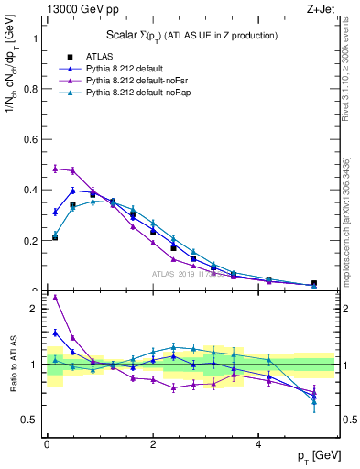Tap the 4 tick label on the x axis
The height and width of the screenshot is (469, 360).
[257, 443]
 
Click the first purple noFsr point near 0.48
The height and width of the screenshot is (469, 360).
[56, 169]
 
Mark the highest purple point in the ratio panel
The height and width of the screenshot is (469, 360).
[56, 297]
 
